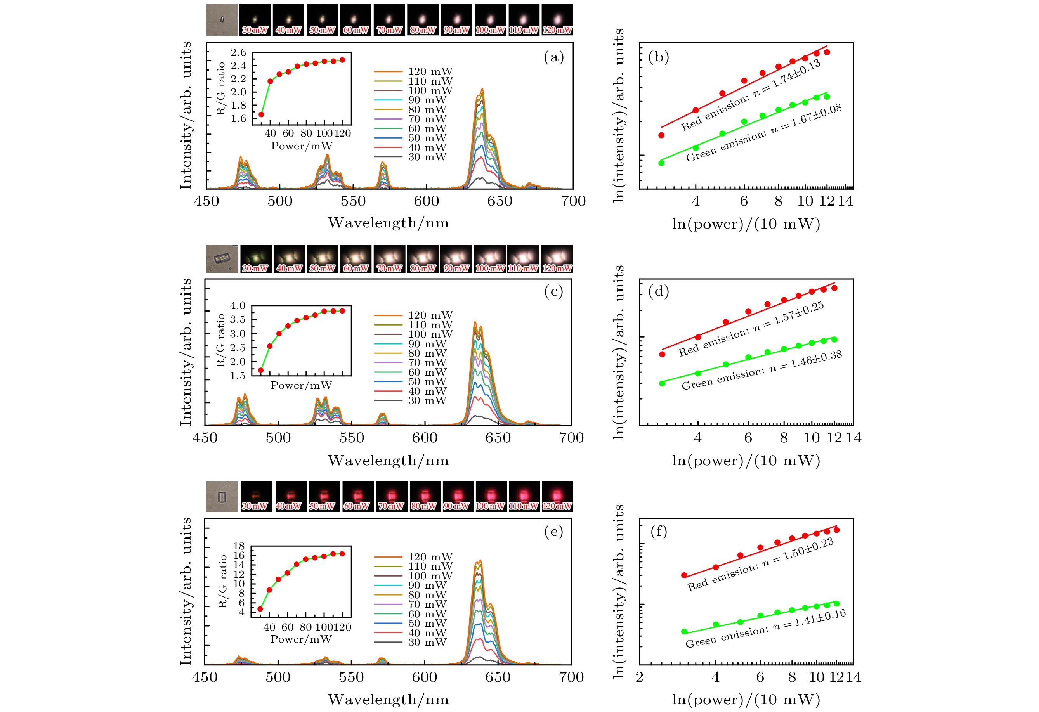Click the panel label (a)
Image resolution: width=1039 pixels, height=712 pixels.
pyautogui.click(x=553, y=57)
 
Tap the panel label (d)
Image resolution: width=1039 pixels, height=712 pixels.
pyautogui.click(x=659, y=291)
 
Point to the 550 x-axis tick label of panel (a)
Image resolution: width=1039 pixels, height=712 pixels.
pyautogui.click(x=353, y=201)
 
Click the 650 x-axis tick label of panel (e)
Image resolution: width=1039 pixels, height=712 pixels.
pyautogui.click(x=498, y=677)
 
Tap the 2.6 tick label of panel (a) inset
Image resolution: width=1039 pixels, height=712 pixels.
pyautogui.click(x=238, y=53)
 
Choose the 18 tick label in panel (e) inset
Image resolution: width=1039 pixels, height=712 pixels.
pyautogui.click(x=239, y=546)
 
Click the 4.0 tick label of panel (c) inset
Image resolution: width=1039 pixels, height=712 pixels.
pyautogui.click(x=238, y=306)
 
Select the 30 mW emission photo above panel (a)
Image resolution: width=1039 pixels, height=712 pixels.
pyautogui.click(x=255, y=20)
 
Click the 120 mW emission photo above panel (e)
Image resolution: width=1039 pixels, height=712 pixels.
pyautogui.click(x=557, y=497)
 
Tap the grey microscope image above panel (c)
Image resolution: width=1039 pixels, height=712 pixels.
pyautogui.click(x=222, y=259)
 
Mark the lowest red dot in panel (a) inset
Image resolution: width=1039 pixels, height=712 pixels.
pyautogui.click(x=261, y=114)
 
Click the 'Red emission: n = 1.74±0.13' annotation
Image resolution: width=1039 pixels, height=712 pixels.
pyautogui.click(x=751, y=95)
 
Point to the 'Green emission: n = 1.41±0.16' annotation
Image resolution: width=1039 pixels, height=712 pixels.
pyautogui.click(x=765, y=629)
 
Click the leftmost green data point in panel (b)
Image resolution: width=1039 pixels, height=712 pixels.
pyautogui.click(x=661, y=163)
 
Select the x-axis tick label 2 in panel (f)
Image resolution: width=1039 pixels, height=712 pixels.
pyautogui.click(x=640, y=677)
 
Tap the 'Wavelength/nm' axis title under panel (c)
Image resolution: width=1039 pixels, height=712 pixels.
pyautogui.click(x=388, y=461)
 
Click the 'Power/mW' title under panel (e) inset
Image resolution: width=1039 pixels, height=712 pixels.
pyautogui.click(x=301, y=639)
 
